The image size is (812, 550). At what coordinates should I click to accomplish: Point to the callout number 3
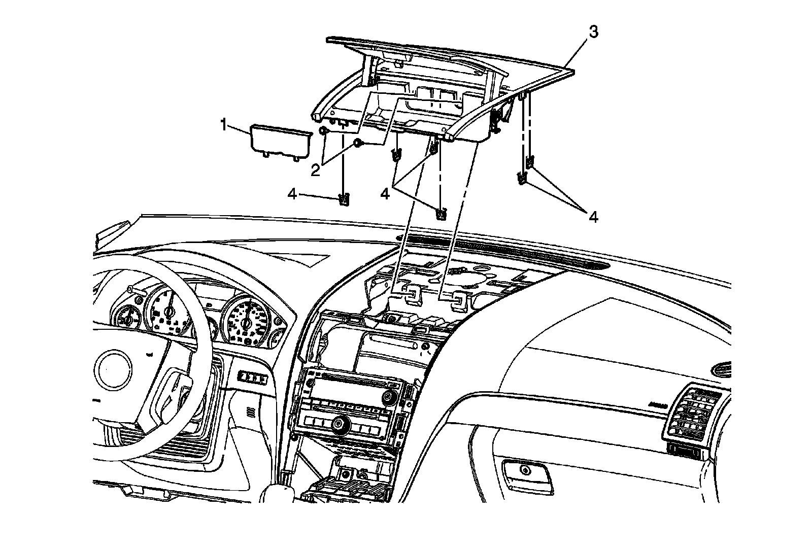click(593, 31)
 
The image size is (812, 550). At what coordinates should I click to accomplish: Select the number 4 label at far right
click(593, 217)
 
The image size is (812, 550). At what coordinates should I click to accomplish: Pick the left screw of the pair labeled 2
click(322, 132)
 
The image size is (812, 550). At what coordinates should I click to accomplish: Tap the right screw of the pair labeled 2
click(359, 144)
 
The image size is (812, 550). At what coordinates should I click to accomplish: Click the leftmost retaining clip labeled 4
click(345, 200)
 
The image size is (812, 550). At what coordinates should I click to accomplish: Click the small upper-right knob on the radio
click(390, 396)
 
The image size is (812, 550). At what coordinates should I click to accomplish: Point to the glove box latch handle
click(525, 471)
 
